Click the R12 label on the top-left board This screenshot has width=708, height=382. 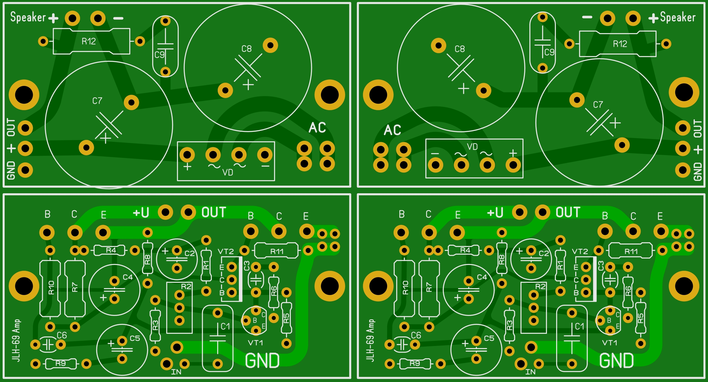(x=88, y=41)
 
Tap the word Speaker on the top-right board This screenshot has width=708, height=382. (x=678, y=17)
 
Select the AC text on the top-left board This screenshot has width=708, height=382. (x=317, y=128)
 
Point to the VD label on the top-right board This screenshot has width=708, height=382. (x=472, y=147)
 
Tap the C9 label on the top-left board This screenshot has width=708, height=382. (x=159, y=55)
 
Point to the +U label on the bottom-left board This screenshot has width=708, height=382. (x=141, y=212)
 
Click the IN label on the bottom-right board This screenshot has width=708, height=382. (x=530, y=372)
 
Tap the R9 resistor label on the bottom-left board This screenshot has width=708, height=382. (x=60, y=363)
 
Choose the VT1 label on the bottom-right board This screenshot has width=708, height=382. (x=610, y=343)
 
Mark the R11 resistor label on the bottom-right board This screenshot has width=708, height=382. (x=631, y=251)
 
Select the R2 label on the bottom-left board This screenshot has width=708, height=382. (x=186, y=287)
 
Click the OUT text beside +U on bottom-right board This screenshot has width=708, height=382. (x=568, y=212)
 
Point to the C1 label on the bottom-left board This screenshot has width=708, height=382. (x=225, y=327)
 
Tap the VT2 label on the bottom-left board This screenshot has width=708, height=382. (x=226, y=251)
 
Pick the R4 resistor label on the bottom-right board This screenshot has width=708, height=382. (x=465, y=250)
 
